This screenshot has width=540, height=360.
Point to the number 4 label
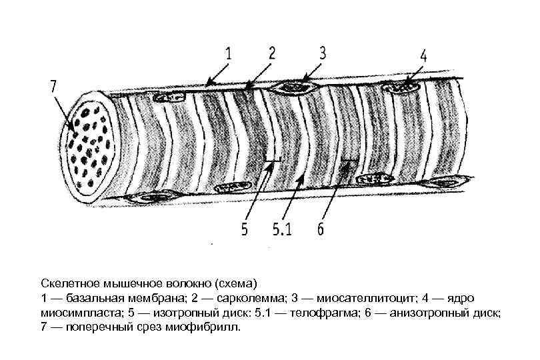point(424,55)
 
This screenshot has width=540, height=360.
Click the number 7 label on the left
point(54,86)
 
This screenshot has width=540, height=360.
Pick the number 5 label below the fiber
point(245,230)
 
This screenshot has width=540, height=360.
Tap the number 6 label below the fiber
point(321,230)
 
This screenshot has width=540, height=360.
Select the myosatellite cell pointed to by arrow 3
point(293,87)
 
